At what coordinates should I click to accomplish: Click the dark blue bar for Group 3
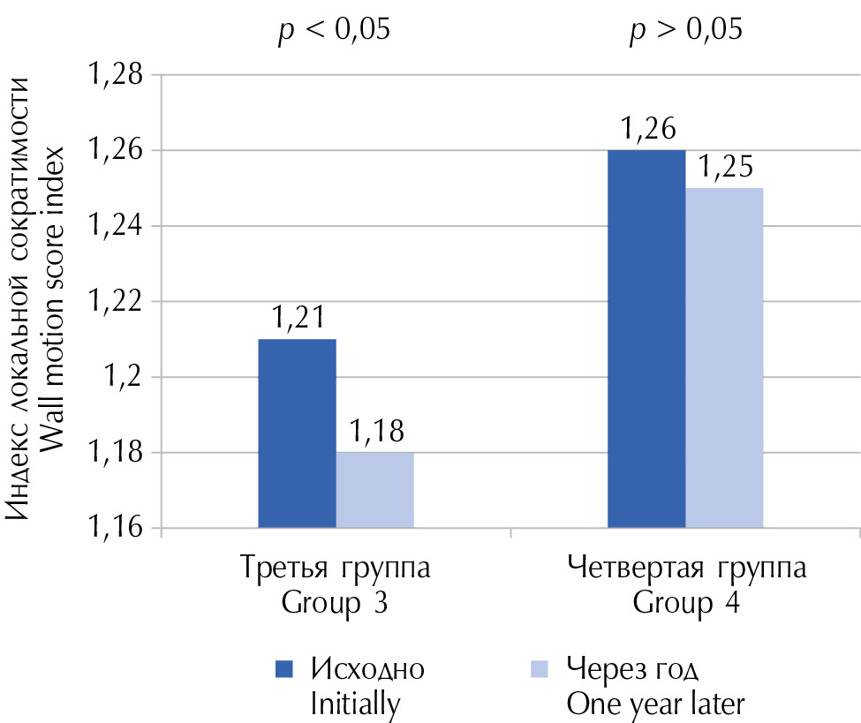[297, 433]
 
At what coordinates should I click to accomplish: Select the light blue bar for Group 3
[374, 490]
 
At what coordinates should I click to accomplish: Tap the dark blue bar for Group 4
[646, 339]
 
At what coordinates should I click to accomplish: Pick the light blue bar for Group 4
[724, 358]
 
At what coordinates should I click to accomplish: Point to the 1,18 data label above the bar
[374, 433]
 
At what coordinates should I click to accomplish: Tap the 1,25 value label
[726, 168]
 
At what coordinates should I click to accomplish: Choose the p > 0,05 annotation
[685, 31]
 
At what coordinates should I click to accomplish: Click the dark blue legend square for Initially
[284, 668]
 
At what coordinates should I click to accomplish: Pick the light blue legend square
[539, 668]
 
